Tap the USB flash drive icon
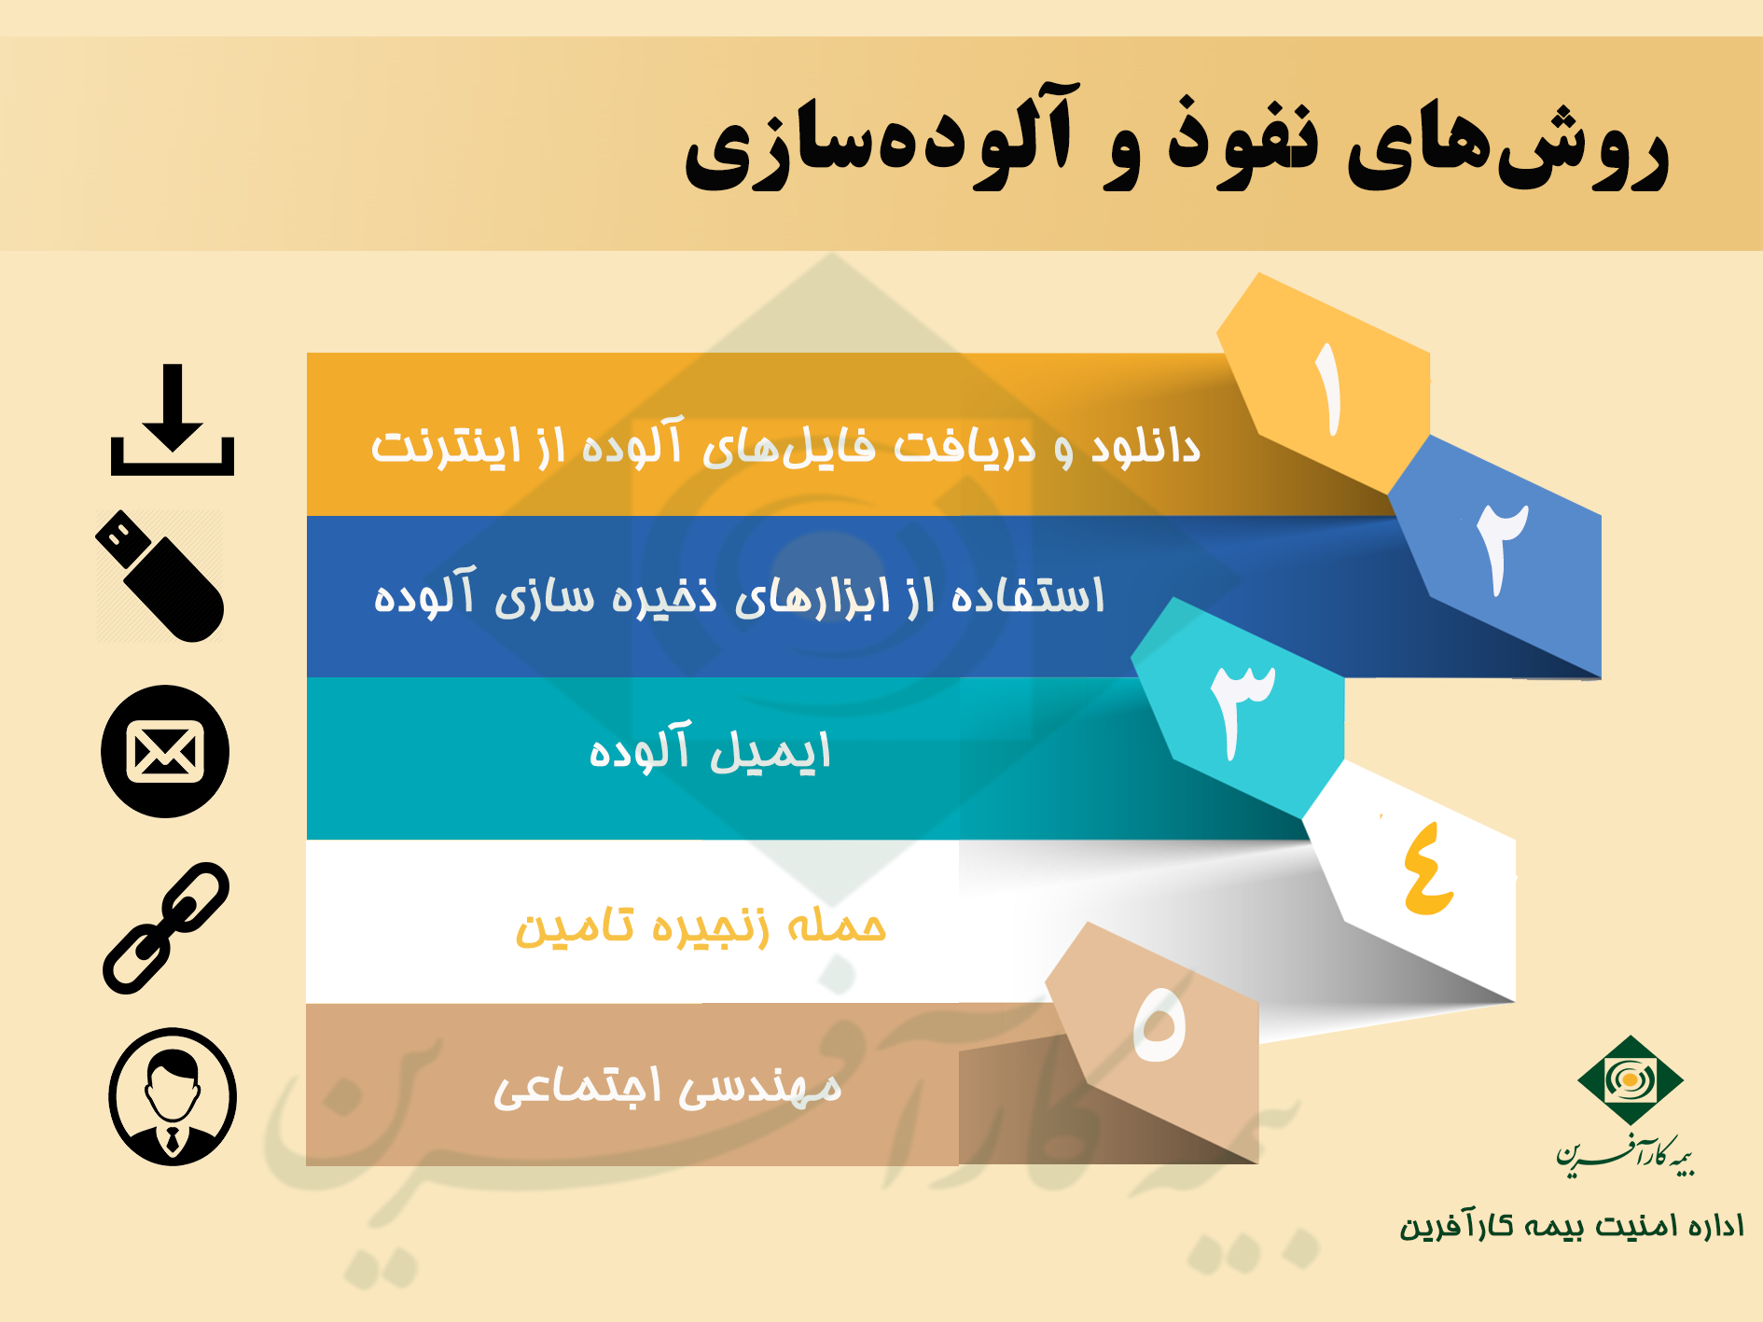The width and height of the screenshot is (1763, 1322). coord(160,577)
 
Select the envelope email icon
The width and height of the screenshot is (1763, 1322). coord(165,752)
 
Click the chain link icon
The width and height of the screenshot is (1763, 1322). coord(166,928)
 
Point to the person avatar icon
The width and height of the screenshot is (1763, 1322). coord(173,1097)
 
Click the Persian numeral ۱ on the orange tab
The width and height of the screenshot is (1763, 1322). coord(1328,390)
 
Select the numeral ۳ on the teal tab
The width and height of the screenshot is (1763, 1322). coord(1242,710)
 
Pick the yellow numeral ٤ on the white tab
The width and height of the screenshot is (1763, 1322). coord(1427,869)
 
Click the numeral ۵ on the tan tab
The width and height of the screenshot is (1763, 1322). coord(1159,1024)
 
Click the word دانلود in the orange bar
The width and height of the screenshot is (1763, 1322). coord(1145,447)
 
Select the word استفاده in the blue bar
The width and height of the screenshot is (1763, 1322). coord(1027,595)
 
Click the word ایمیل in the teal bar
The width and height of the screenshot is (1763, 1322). coord(770,752)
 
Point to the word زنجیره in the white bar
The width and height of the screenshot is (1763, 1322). coord(710,927)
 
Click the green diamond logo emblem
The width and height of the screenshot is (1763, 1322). coord(1630,1080)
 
